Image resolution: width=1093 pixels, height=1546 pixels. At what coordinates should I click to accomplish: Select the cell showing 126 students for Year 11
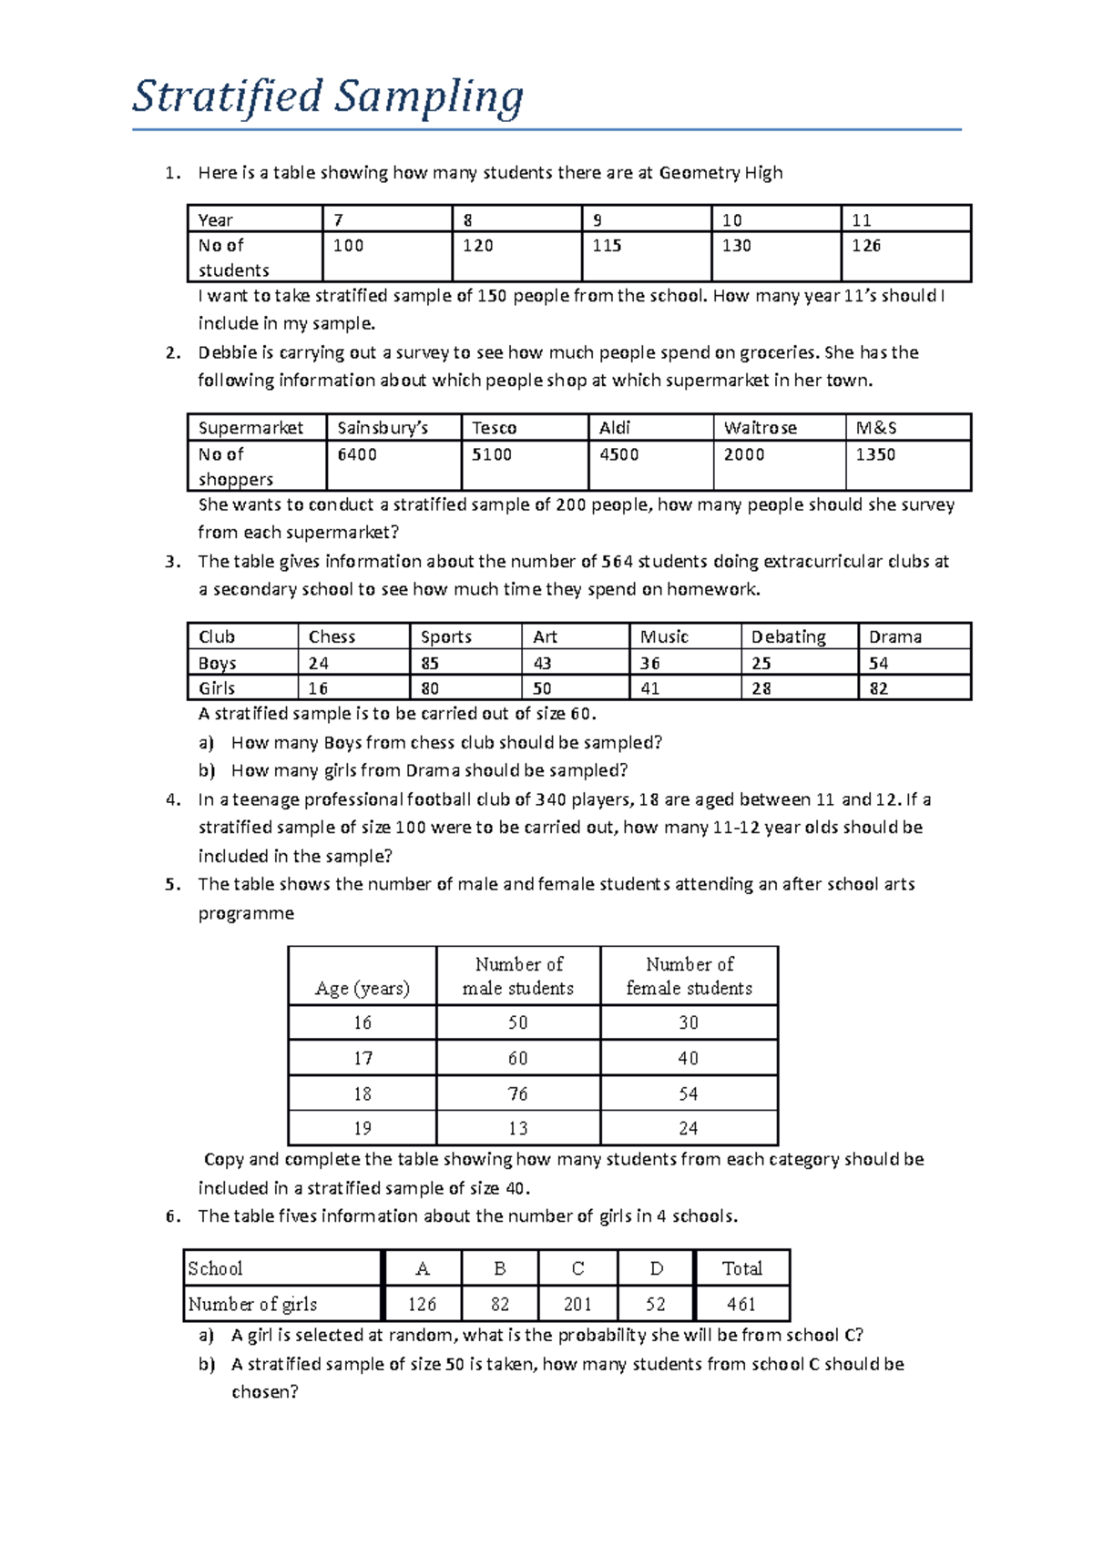866,246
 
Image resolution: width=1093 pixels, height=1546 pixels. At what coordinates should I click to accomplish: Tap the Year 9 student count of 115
607,246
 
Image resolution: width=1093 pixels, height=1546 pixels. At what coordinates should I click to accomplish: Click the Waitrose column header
760,428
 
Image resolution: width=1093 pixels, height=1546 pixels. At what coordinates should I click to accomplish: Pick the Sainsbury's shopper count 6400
356,454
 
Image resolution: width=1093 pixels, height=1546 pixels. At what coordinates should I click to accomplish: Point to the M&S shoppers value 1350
875,454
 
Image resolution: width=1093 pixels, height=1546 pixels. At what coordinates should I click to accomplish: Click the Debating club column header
788,636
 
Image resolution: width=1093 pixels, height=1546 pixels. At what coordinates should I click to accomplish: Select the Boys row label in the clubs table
218,663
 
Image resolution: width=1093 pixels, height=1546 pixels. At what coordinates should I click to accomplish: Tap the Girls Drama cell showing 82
878,688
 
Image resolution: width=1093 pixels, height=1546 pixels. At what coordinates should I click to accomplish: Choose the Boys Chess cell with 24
318,663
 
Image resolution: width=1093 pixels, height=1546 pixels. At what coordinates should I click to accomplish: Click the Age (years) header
362,988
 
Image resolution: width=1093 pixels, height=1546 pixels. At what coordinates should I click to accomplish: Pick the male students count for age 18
518,1093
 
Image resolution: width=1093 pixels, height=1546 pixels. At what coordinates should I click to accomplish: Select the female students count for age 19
689,1128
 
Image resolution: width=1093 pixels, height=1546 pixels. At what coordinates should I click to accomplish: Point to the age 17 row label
363,1058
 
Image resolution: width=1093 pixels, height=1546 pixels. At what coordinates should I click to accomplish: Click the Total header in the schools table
741,1268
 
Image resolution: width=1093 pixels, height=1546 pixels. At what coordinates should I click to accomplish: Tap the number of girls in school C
577,1304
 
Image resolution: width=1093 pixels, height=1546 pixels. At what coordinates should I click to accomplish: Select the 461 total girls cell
741,1304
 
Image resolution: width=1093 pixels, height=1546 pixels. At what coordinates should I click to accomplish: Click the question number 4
172,799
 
